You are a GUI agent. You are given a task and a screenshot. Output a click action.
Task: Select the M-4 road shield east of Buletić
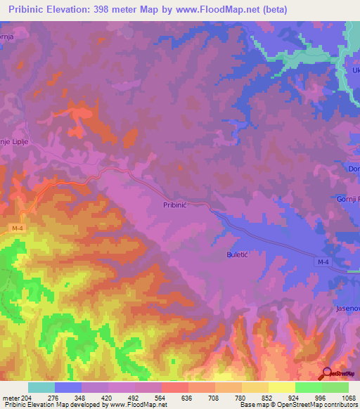321,261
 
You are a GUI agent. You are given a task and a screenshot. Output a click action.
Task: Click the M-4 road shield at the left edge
17,228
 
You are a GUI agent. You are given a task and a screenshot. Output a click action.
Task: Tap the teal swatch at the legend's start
41,387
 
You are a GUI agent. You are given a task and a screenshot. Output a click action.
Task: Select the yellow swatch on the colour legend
281,387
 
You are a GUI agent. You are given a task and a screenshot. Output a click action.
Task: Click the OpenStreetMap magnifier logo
326,373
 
